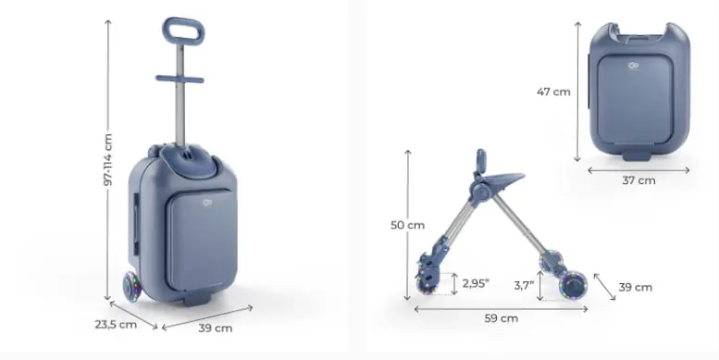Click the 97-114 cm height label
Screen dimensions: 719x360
coord(107,159)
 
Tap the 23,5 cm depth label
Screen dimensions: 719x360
coord(116,324)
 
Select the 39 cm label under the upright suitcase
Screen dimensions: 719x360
coord(216,329)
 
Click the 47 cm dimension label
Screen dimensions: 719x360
coord(553,92)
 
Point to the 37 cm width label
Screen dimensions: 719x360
coord(638,180)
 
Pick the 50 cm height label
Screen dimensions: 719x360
coord(408,225)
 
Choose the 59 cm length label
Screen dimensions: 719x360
coord(502,318)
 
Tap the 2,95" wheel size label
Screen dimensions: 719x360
coord(476,283)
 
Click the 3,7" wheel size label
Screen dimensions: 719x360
coord(524,286)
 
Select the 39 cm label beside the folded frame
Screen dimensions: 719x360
coord(635,288)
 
